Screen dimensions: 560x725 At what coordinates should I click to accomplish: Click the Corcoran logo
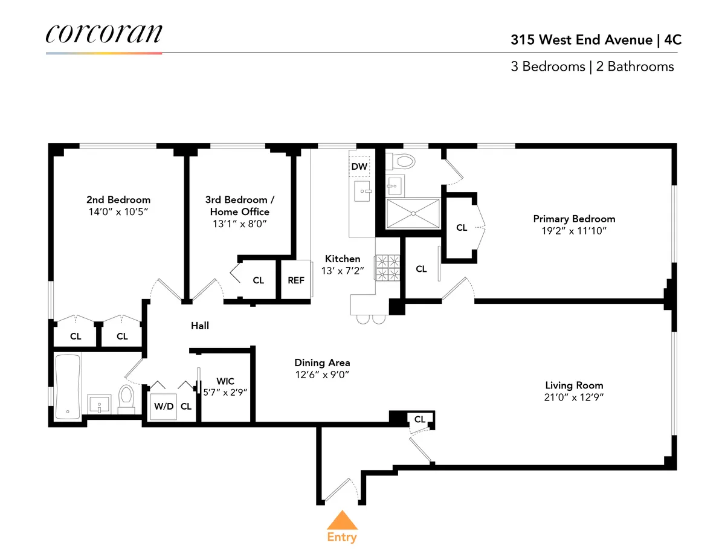coord(103,33)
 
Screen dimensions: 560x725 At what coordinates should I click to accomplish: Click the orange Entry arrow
coord(342,520)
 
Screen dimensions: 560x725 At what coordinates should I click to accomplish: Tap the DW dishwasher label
coord(359,166)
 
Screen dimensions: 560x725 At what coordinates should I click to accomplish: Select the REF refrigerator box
coord(296,280)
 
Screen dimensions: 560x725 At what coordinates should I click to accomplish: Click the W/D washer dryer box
coord(163,406)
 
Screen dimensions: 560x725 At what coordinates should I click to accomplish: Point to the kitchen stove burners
coord(388,268)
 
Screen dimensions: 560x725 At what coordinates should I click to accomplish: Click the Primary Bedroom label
coord(574,219)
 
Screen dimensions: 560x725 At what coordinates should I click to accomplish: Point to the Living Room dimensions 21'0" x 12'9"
coord(574,397)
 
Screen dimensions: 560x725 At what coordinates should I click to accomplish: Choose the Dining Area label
coord(322,362)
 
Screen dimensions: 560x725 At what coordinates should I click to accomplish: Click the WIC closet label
coord(226,381)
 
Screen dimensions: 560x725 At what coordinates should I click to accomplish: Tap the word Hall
coord(200,326)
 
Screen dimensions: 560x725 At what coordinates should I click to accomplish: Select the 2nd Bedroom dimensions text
coord(118,212)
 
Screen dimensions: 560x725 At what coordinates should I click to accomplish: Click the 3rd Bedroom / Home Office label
coord(240,205)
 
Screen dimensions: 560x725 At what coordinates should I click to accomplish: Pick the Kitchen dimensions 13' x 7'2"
coord(343,271)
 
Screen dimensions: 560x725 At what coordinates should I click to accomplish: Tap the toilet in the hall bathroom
coord(127,397)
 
